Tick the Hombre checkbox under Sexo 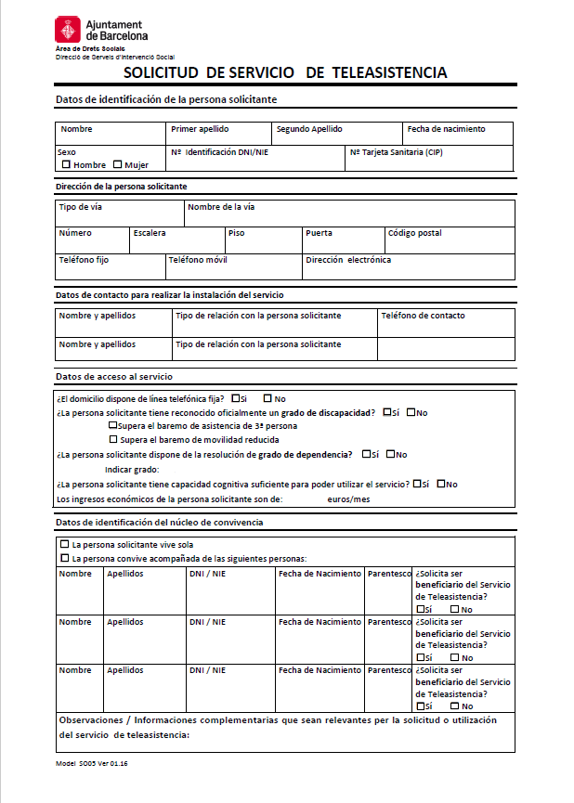[x=66, y=164]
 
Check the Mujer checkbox [x=117, y=164]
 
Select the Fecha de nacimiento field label [x=446, y=129]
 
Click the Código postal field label [x=414, y=233]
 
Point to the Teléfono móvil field [x=198, y=261]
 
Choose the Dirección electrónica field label [x=348, y=261]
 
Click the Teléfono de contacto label [x=423, y=316]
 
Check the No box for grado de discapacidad [x=411, y=412]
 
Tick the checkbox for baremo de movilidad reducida [x=114, y=439]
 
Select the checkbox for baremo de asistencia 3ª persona [x=114, y=425]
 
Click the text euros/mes [x=348, y=499]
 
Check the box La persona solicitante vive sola [x=64, y=544]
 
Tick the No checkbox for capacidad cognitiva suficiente [x=442, y=484]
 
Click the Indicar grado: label [x=132, y=470]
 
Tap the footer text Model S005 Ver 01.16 [x=91, y=763]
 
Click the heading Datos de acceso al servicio [x=114, y=377]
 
